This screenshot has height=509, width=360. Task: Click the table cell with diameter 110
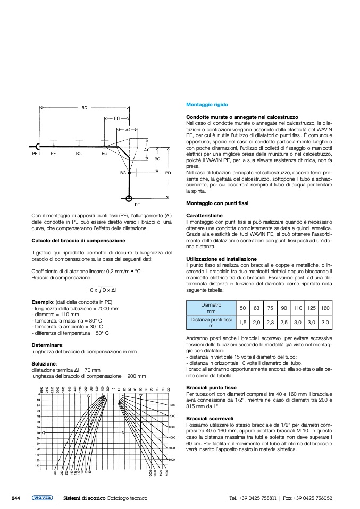pos(298,309)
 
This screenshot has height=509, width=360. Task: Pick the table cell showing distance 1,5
pos(242,323)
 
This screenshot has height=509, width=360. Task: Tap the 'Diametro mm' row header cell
pos(211,308)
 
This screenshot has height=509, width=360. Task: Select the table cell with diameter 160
pos(325,309)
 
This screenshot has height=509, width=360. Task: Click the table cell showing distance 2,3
pos(270,323)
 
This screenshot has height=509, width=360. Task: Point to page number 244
pos(16,498)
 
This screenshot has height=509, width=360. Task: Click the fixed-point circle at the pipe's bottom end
pos(129,198)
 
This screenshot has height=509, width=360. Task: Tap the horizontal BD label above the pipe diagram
pos(84,108)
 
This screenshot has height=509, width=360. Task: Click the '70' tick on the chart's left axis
pos(38,433)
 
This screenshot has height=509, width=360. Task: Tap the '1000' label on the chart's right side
pos(173,405)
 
